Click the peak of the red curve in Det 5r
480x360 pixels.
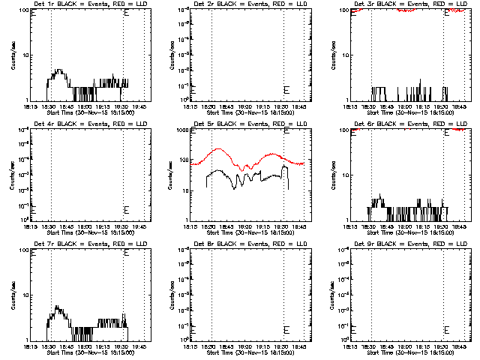tap(218, 148)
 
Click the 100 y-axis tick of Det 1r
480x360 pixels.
tap(22, 10)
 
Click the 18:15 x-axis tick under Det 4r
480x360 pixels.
tap(31, 226)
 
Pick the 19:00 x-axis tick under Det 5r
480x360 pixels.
tap(244, 226)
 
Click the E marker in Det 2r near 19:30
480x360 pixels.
tap(286, 89)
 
